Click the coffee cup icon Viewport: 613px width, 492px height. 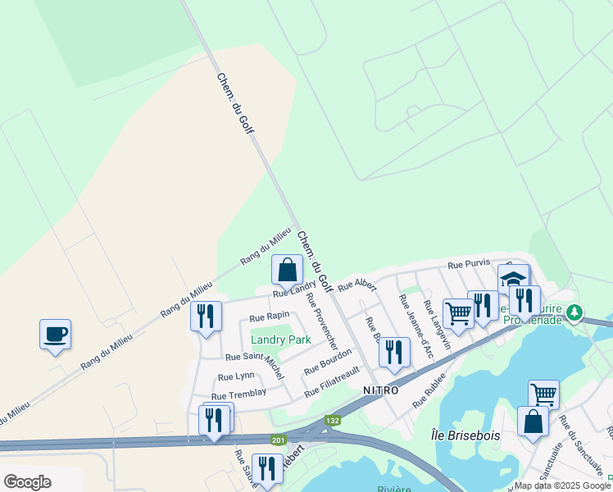[55, 335]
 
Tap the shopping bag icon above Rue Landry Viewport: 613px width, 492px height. [288, 270]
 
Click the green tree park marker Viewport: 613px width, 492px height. [575, 312]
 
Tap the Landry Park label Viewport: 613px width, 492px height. [281, 339]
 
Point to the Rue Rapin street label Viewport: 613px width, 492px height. [269, 317]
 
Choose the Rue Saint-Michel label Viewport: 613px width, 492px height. [255, 357]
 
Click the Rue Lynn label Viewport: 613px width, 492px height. [234, 376]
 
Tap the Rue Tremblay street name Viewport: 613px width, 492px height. [239, 393]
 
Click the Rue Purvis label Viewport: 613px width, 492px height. [468, 265]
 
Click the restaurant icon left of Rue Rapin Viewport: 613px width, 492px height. [206, 316]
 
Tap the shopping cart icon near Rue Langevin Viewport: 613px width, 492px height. [458, 312]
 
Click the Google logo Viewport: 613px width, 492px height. [27, 482]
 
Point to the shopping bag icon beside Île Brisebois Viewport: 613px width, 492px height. [534, 421]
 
